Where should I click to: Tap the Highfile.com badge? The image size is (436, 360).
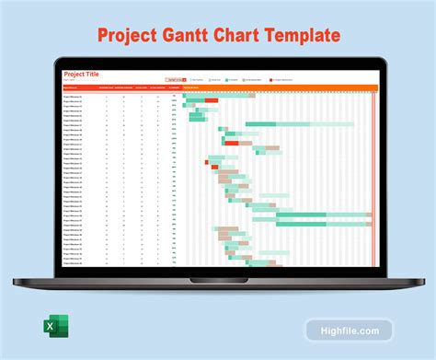[350, 329]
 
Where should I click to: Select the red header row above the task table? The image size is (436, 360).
[120, 88]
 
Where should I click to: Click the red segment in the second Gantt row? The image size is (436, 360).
[212, 99]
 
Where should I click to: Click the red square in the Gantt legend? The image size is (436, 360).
[271, 80]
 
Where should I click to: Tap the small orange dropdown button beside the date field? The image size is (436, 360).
[184, 80]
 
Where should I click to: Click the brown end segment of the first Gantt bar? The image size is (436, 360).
[252, 95]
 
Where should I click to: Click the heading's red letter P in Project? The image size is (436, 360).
[104, 36]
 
